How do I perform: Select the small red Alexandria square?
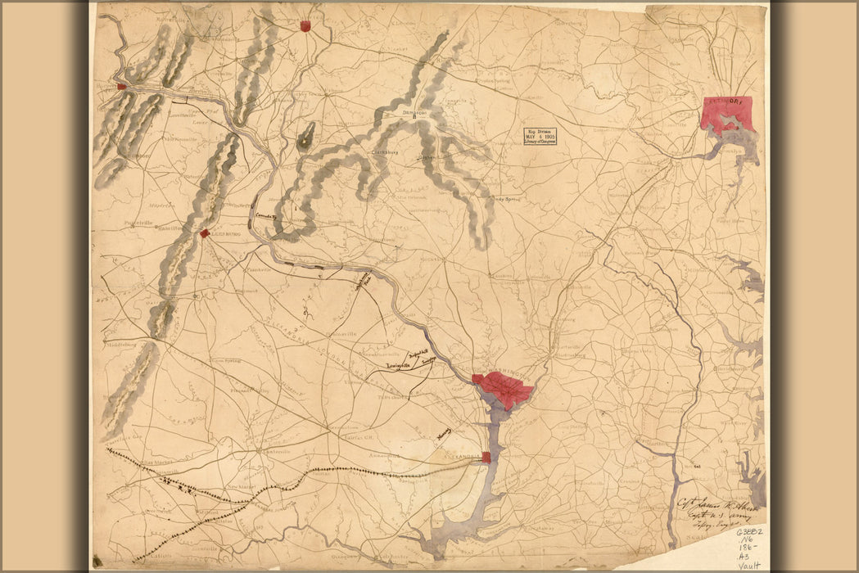486,458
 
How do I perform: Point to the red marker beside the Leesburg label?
204,233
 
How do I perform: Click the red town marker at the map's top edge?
305,26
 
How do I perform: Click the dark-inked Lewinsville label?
391,368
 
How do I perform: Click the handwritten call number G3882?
748,532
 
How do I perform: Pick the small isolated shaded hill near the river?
306,135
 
